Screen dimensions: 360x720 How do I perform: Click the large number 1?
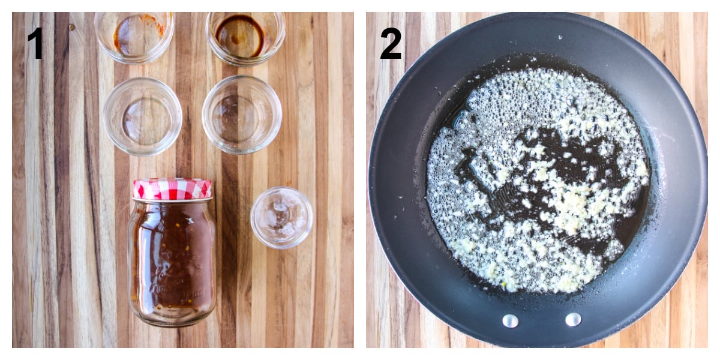[37, 43]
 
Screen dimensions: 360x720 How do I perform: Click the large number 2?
[391, 43]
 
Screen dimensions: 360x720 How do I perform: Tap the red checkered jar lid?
[172, 188]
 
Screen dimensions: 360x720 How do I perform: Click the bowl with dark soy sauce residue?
[245, 37]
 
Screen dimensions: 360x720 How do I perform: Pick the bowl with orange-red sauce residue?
[134, 36]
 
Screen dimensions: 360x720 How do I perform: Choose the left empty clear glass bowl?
[142, 116]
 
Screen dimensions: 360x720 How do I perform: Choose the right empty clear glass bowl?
[242, 114]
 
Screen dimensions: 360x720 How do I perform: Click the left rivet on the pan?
[511, 321]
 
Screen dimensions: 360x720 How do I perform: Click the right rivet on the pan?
[573, 319]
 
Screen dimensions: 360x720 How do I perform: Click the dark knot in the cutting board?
[71, 26]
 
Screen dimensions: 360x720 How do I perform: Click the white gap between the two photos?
[360, 180]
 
